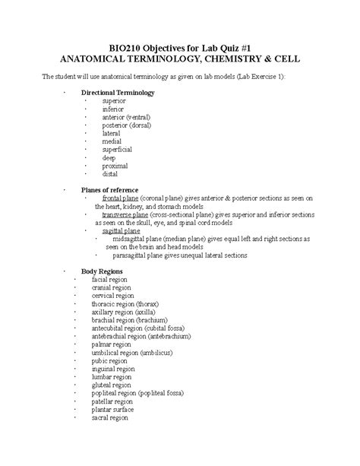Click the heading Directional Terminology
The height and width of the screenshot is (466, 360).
[x=118, y=93]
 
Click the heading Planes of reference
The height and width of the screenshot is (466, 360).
[x=109, y=189]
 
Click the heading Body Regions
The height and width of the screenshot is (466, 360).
[x=102, y=271]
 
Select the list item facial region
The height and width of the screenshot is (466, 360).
[x=109, y=280]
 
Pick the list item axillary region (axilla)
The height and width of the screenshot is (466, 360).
[x=123, y=312]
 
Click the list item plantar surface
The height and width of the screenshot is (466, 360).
[x=112, y=411]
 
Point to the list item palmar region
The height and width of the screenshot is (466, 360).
[x=111, y=345]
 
